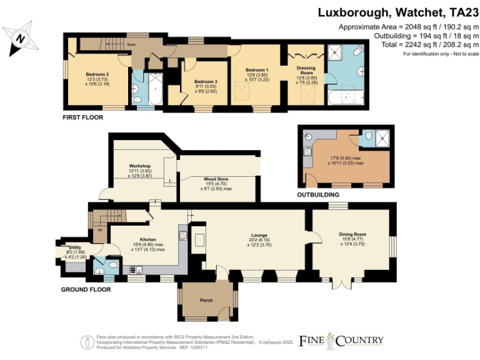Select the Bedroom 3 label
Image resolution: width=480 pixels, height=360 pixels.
coord(206,82)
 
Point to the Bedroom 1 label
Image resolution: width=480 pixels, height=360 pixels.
coord(257,69)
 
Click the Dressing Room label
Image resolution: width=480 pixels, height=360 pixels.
coord(306,70)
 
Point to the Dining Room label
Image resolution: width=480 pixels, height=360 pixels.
coord(352,234)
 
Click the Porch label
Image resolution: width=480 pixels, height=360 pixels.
coord(206,301)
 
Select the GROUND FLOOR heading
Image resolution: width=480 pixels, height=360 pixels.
coord(86,289)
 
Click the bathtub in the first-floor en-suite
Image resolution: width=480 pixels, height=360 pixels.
coord(346,97)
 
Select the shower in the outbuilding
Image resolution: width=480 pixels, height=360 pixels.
coord(384,139)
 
